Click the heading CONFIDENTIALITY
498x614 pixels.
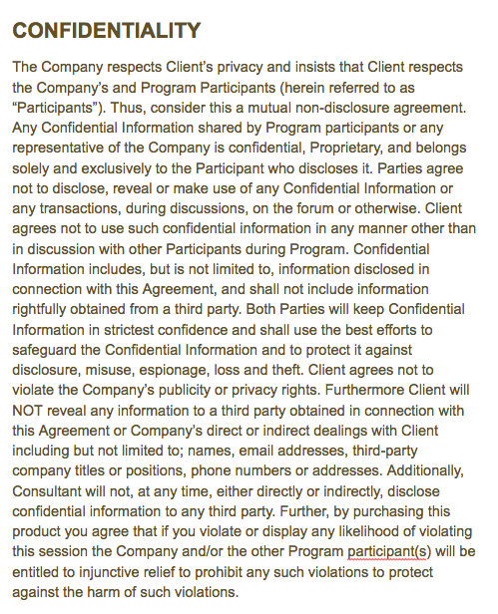point(100,31)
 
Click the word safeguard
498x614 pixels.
point(45,351)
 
